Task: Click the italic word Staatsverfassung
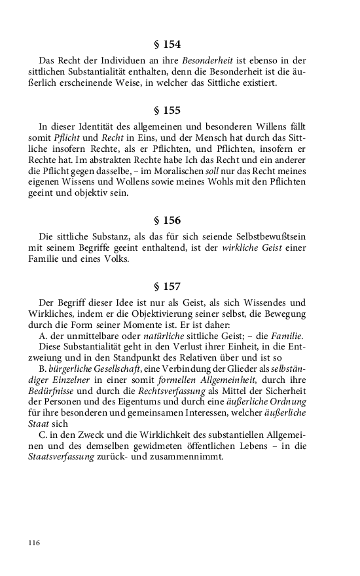[56, 457]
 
